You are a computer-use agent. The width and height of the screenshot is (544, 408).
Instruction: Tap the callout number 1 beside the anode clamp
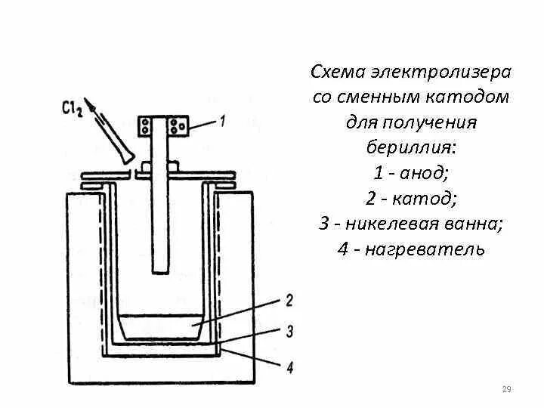point(222,119)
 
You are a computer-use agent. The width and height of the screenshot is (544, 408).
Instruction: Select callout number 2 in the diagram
point(288,300)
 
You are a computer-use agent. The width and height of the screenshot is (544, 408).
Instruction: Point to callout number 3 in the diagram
point(289,330)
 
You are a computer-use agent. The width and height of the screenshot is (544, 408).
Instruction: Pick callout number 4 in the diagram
point(289,367)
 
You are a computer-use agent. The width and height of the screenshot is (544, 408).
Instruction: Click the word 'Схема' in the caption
point(337,73)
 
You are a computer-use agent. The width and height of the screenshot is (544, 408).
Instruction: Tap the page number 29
point(507,390)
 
